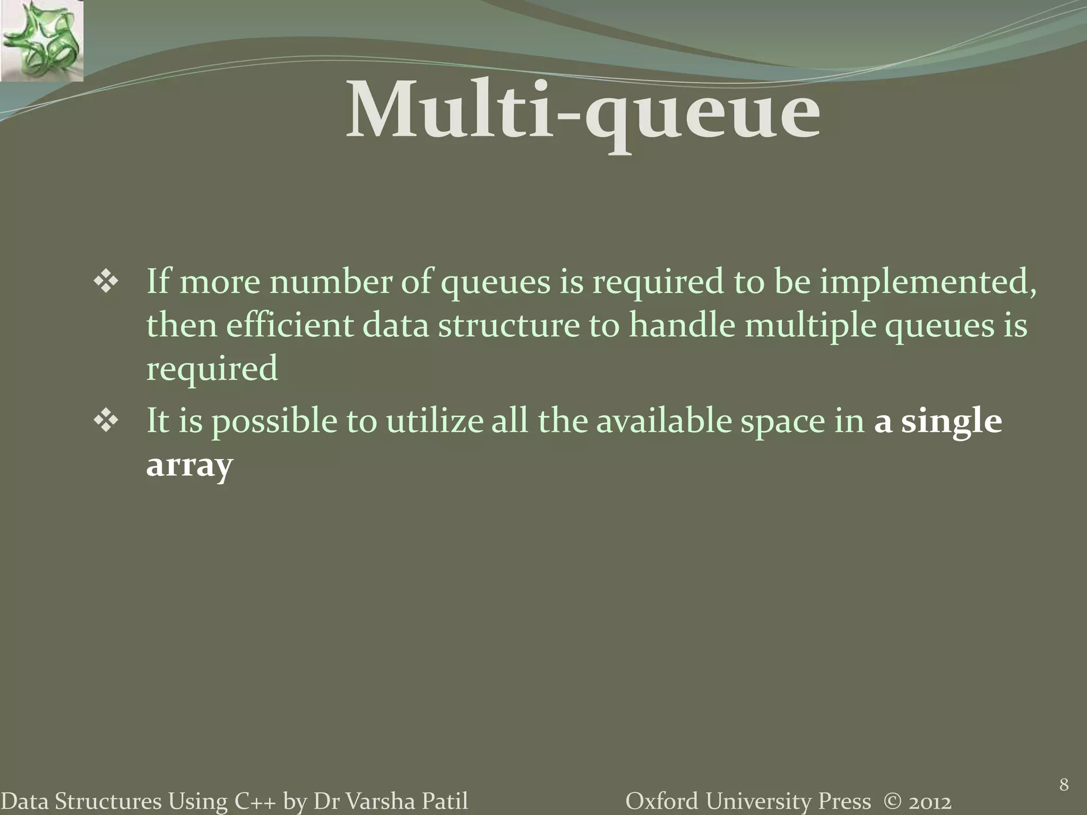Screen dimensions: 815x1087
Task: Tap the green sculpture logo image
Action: tap(41, 40)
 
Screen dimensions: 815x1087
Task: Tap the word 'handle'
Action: tap(681, 325)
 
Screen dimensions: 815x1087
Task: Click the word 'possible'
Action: tap(274, 422)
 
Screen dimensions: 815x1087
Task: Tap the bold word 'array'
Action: tap(189, 466)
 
